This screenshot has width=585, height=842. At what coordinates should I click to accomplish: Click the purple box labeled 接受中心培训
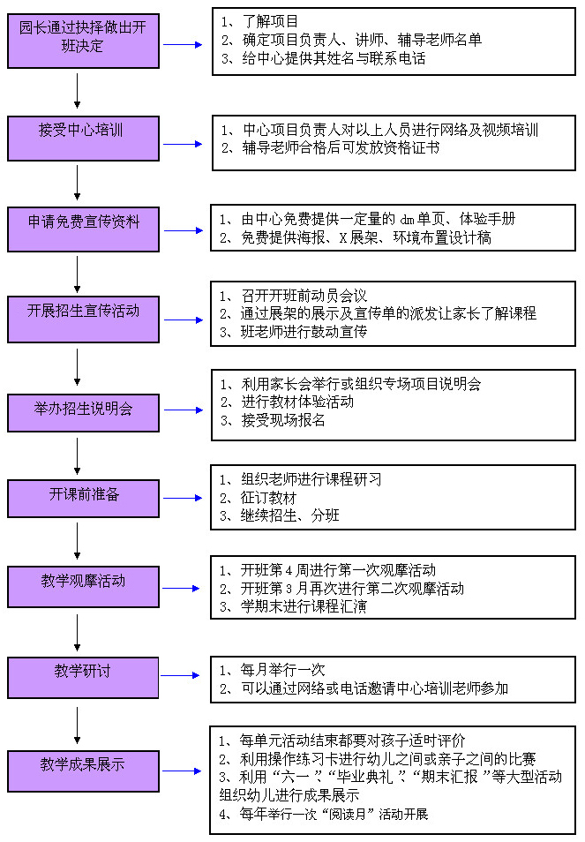click(x=83, y=139)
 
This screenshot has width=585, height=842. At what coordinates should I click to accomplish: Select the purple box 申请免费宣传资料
click(x=83, y=229)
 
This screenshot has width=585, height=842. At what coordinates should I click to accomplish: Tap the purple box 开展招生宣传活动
click(x=83, y=320)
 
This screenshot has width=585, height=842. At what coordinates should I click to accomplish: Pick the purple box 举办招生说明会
click(x=83, y=413)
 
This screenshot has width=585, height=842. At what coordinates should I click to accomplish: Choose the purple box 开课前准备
click(x=83, y=499)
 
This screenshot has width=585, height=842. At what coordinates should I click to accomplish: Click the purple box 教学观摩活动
click(x=83, y=588)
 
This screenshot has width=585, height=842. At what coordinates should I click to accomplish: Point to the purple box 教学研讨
click(x=83, y=678)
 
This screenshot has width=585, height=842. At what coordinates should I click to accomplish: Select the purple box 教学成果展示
click(x=83, y=771)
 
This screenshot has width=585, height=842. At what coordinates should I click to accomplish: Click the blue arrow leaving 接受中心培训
click(x=183, y=144)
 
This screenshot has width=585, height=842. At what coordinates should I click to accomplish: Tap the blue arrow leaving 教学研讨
click(x=181, y=675)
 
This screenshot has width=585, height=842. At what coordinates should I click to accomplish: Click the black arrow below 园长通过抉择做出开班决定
click(x=78, y=91)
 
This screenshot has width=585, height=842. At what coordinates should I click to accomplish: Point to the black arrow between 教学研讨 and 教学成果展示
click(x=78, y=725)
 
